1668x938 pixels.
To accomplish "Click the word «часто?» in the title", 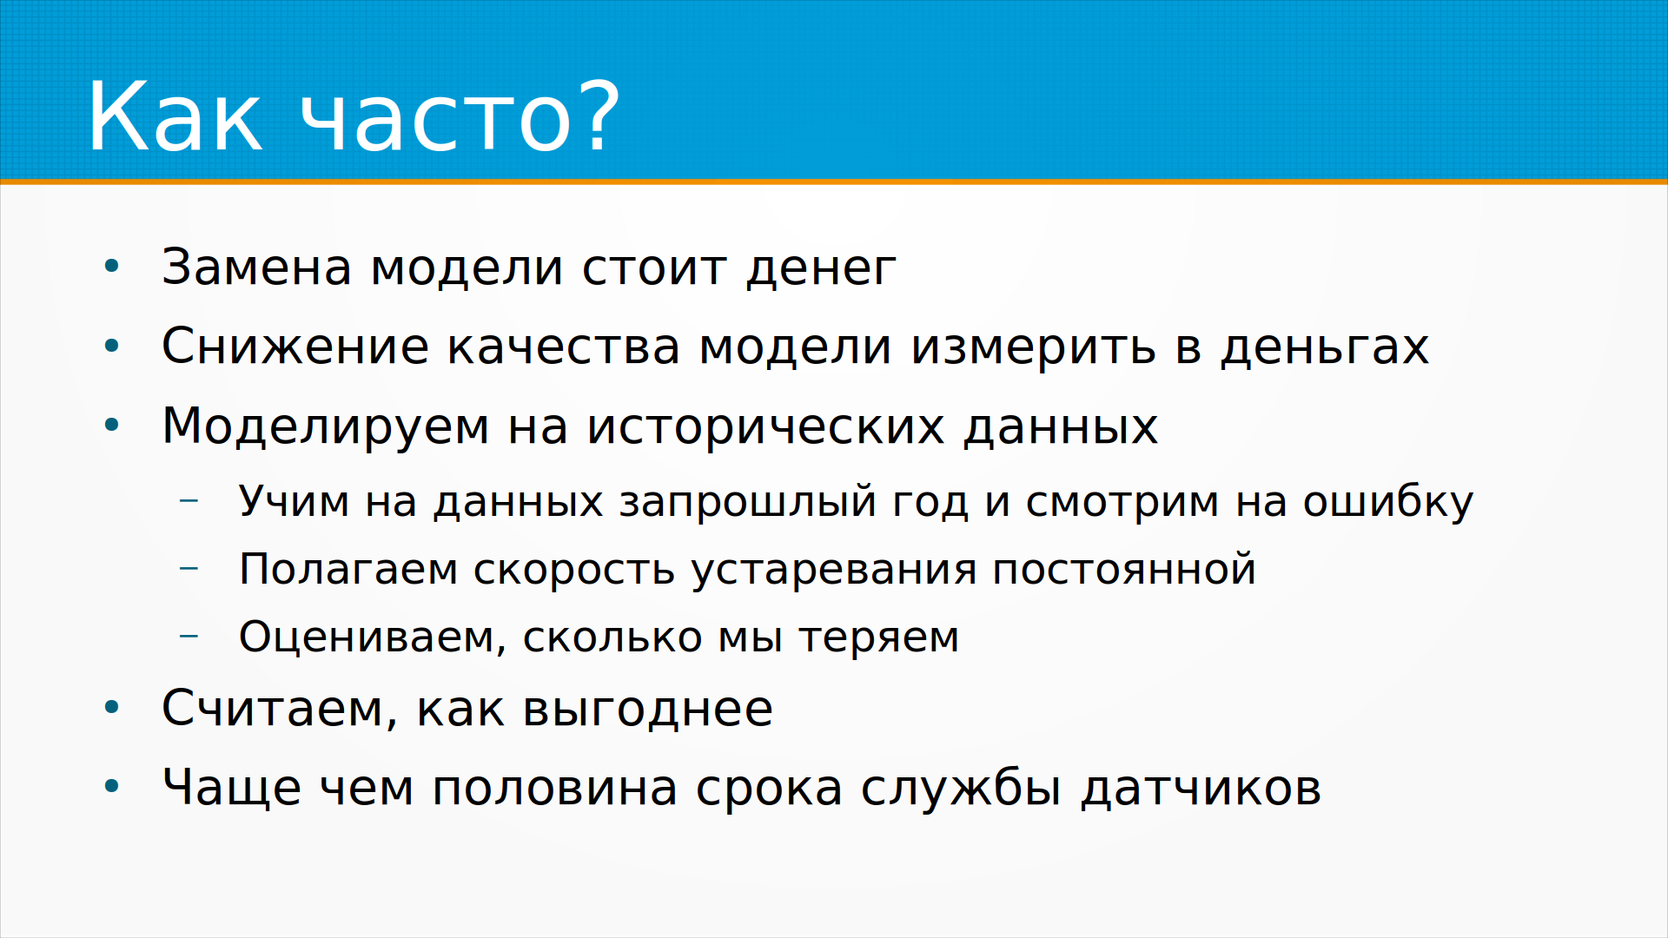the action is (460, 117).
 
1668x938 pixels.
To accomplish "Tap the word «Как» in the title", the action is (175, 117).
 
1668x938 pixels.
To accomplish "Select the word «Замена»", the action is (257, 267).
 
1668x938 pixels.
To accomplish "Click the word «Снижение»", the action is (295, 346).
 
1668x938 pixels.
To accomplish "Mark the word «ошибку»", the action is (1388, 502).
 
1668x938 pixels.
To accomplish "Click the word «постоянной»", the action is (1124, 569).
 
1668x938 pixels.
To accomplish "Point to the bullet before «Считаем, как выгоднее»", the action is (111, 707).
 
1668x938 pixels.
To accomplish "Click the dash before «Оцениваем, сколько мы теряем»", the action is (189, 637).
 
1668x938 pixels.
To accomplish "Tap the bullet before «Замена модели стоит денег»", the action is (111, 266).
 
